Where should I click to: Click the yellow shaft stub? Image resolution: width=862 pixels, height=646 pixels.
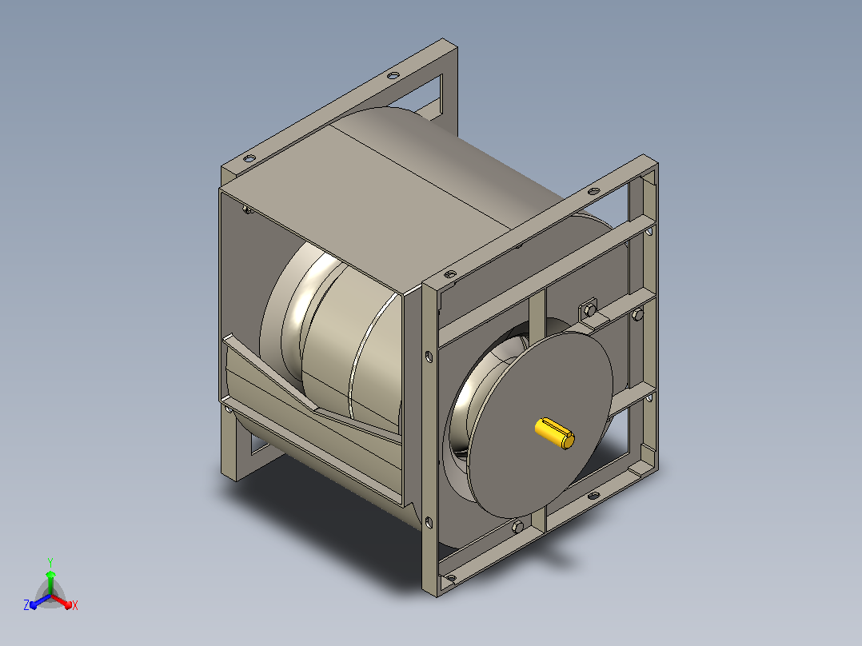(555, 433)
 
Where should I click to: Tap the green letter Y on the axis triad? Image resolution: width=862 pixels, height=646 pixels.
(50, 562)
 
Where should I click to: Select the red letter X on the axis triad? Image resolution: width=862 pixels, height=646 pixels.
(75, 605)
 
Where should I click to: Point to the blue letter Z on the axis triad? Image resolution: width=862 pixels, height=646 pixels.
(26, 604)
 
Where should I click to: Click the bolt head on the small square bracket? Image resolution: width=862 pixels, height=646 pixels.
(590, 311)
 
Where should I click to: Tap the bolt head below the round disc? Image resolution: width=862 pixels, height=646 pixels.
(517, 527)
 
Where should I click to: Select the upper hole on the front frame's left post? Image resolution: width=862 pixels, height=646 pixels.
(429, 357)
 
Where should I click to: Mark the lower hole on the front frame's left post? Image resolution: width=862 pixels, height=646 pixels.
(429, 522)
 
